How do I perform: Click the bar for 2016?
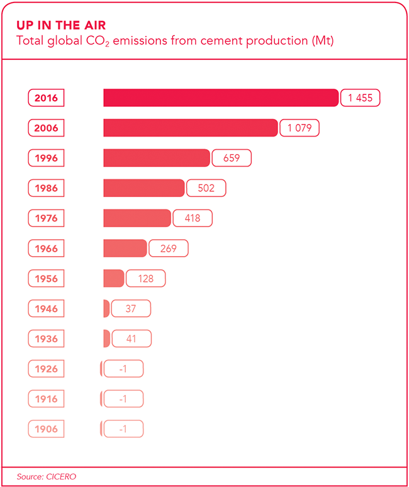tap(221, 98)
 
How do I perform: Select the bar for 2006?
tap(190, 128)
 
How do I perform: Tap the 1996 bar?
tap(156, 158)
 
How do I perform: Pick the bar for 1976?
tap(137, 218)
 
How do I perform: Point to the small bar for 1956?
tap(113, 278)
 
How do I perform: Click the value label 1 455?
tap(361, 98)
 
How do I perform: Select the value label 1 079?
tap(300, 128)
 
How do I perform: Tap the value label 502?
tap(206, 188)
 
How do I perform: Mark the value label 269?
tap(169, 249)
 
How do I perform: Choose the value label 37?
tap(131, 308)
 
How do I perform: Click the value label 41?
tap(132, 339)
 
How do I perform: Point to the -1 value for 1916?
tap(123, 399)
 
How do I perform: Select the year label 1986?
tap(47, 188)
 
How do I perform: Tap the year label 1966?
tap(47, 249)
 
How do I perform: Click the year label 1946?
tap(47, 308)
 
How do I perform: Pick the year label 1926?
tap(47, 369)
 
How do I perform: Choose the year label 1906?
tap(47, 429)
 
